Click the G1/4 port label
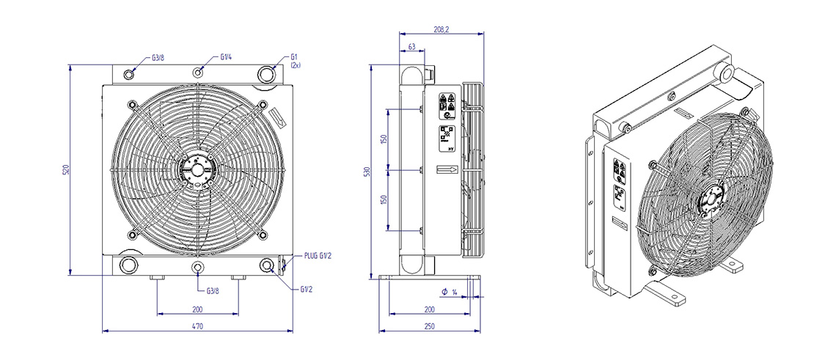[x=227, y=56]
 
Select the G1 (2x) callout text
[x=296, y=60]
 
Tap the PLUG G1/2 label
[x=318, y=257]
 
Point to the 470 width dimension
[x=197, y=326]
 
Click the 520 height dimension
[x=65, y=170]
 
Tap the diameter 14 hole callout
[x=450, y=293]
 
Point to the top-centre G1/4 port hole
[x=199, y=72]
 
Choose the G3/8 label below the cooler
[x=213, y=290]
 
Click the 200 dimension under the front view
[x=197, y=309]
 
